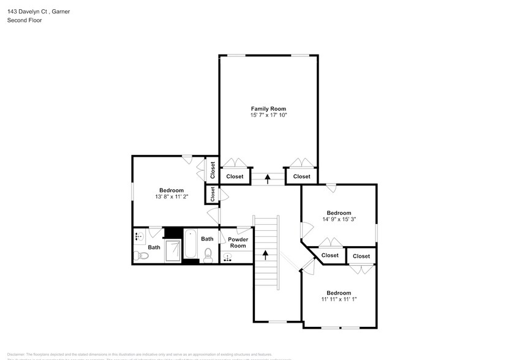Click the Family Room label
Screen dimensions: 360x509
(x=268, y=108)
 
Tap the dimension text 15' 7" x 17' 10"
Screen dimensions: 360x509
(x=268, y=115)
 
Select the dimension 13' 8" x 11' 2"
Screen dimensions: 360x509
(x=171, y=197)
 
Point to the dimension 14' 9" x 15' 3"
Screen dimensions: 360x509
(x=339, y=220)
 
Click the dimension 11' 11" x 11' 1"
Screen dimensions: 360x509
(x=338, y=299)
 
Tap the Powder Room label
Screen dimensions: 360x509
(x=238, y=242)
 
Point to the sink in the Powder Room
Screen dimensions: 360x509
(x=228, y=258)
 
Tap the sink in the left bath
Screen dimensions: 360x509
(x=138, y=236)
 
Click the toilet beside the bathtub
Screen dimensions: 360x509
(x=208, y=255)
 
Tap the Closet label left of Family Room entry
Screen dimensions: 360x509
(x=235, y=176)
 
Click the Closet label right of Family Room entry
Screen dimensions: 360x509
(x=301, y=176)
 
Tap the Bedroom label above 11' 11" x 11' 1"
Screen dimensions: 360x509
(x=338, y=293)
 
